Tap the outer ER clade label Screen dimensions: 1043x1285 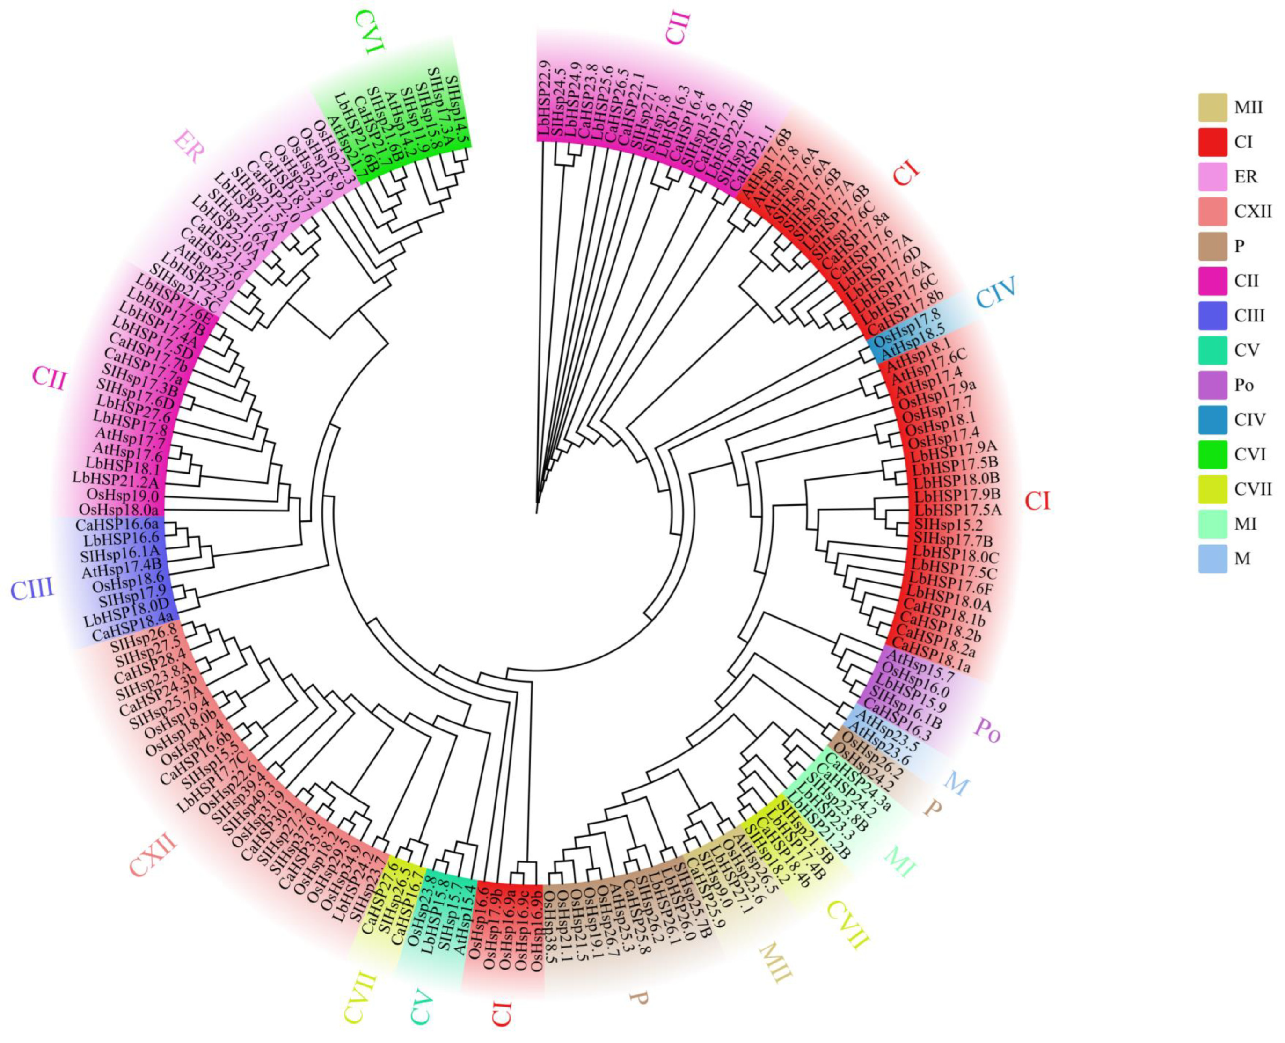pyautogui.click(x=189, y=146)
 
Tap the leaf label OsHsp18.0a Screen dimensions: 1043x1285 pyautogui.click(x=119, y=510)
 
